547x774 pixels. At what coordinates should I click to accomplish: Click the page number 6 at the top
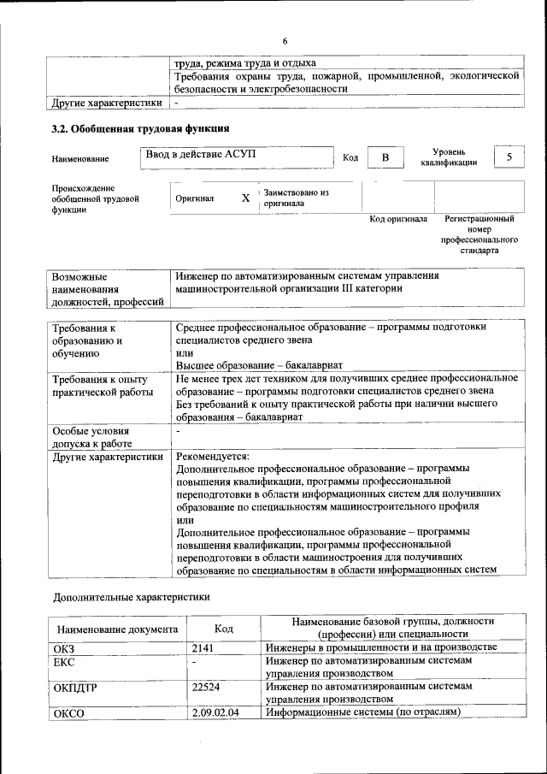[x=285, y=42]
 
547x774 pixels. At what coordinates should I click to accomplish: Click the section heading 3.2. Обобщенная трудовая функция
[x=140, y=129]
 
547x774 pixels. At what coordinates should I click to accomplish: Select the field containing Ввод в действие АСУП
[x=238, y=157]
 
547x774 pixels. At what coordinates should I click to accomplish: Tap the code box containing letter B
[x=385, y=157]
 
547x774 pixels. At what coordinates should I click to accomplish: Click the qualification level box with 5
[x=509, y=157]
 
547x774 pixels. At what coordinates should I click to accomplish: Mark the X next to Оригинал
[x=245, y=198]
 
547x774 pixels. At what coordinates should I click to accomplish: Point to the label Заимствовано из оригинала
[x=296, y=198]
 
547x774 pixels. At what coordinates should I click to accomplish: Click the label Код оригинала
[x=398, y=220]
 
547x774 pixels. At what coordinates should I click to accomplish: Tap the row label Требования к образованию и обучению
[x=91, y=340]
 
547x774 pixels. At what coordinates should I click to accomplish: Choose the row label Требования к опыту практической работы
[x=101, y=386]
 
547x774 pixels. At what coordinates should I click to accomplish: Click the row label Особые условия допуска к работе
[x=91, y=437]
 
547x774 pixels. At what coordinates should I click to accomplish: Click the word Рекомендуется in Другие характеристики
[x=212, y=457]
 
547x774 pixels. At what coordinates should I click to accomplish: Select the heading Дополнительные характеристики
[x=131, y=596]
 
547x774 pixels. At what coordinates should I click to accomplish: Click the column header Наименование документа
[x=119, y=629]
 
